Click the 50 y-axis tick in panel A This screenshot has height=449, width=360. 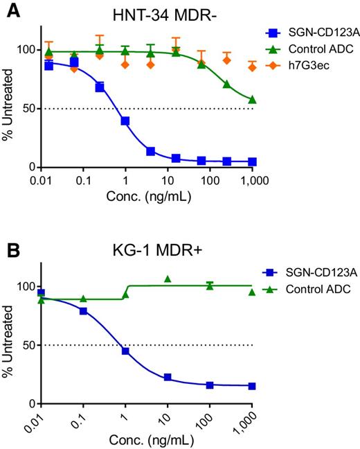[x=28, y=109]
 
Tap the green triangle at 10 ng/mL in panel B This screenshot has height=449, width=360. [x=168, y=279]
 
